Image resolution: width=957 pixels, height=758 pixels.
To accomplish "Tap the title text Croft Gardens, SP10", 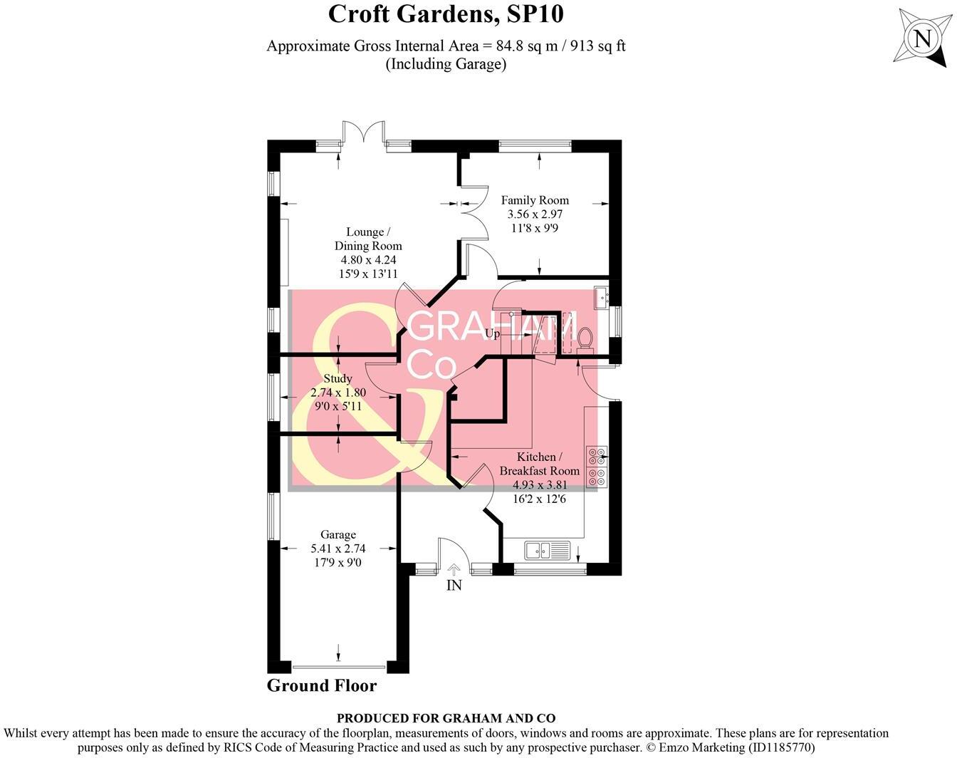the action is (446, 14).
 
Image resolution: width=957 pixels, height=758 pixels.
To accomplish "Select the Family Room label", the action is (535, 200).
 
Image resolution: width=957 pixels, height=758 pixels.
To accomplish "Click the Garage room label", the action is (338, 534).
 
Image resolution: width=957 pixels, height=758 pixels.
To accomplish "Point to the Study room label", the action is (338, 378).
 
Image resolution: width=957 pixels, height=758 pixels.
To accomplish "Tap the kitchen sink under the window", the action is (548, 550).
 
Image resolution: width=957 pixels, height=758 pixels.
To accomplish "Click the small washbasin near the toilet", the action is (602, 297).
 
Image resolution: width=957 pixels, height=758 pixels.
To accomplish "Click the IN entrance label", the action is (454, 586).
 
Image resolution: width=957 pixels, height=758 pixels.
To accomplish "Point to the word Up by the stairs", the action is (492, 333).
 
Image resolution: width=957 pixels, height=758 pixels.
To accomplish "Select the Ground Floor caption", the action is (322, 685).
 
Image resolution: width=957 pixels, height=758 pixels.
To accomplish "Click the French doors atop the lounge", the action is (364, 132).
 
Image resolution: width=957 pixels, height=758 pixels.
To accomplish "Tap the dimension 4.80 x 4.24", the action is (368, 259).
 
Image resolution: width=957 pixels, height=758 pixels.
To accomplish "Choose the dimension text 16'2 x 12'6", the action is (540, 499).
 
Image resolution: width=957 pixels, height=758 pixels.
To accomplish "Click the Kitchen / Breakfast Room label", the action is (540, 463).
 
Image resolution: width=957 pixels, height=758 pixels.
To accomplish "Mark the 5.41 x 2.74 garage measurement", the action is (338, 549).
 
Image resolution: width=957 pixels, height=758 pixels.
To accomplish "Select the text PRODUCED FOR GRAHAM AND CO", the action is (446, 718).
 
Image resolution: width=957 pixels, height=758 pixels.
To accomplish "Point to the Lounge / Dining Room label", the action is (368, 239).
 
